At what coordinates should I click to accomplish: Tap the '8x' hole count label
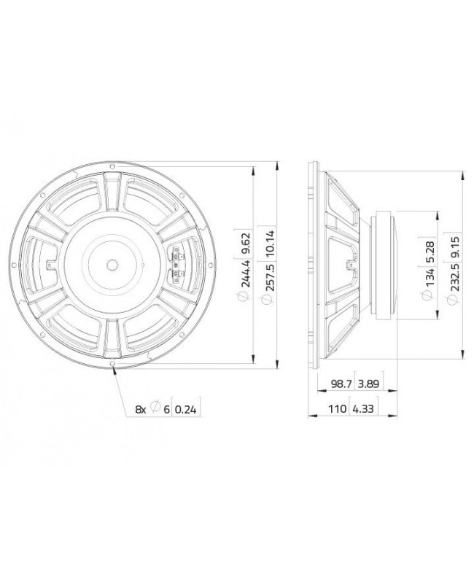(141, 410)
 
